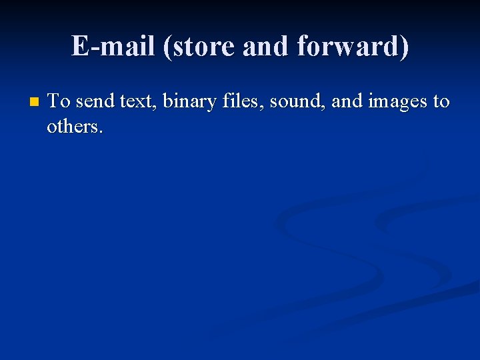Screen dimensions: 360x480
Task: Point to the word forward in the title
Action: (x=347, y=46)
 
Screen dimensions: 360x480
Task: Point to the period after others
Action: (x=101, y=131)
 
